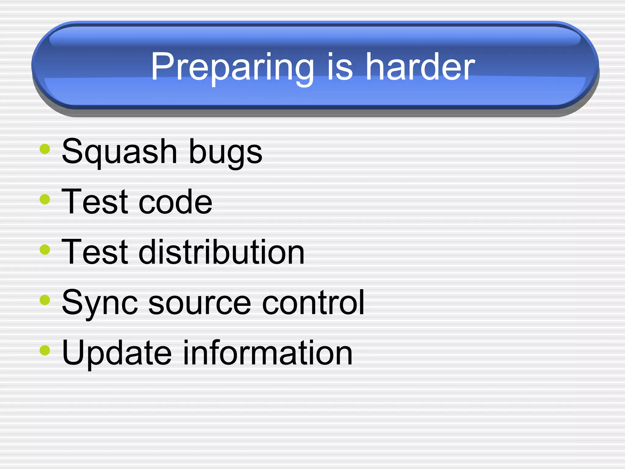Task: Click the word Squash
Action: pos(119,152)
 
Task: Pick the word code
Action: pos(175,202)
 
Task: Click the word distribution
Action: pos(222,252)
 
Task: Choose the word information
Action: pos(268,353)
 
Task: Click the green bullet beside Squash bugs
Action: pos(45,149)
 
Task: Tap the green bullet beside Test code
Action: pos(45,199)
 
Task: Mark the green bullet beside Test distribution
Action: pos(45,249)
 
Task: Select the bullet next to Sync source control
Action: pos(45,300)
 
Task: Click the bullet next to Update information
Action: pos(45,350)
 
